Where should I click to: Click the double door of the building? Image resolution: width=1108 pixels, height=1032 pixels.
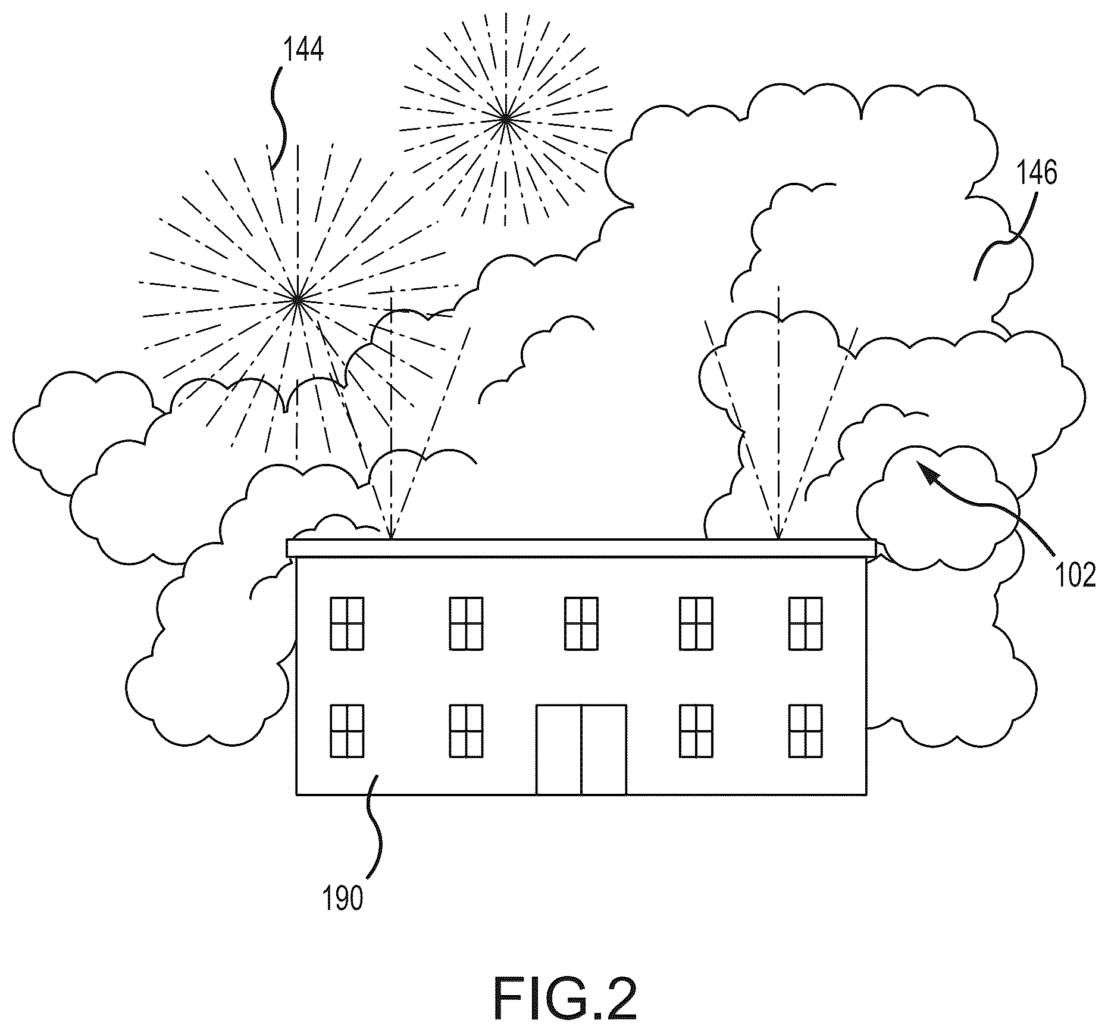tap(581, 750)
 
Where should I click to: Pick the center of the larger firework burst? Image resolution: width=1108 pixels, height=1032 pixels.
tap(297, 301)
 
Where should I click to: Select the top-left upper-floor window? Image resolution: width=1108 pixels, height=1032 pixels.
tap(347, 623)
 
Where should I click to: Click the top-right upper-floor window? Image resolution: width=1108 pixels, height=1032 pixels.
tap(806, 623)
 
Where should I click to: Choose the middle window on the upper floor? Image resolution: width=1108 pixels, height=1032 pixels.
tap(581, 623)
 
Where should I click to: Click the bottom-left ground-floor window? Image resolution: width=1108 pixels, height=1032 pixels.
tap(347, 731)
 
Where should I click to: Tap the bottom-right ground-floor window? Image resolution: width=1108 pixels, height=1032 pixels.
tap(806, 731)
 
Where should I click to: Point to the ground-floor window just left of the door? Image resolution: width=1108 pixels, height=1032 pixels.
tap(466, 731)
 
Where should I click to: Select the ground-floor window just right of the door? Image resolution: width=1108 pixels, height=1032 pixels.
tap(696, 731)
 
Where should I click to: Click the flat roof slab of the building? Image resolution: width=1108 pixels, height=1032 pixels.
tap(581, 548)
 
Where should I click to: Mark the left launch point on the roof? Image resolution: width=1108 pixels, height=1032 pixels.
tap(391, 539)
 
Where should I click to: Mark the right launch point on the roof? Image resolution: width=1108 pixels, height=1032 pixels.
tap(778, 539)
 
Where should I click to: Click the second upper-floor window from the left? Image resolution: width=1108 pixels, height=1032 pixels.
tap(466, 623)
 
